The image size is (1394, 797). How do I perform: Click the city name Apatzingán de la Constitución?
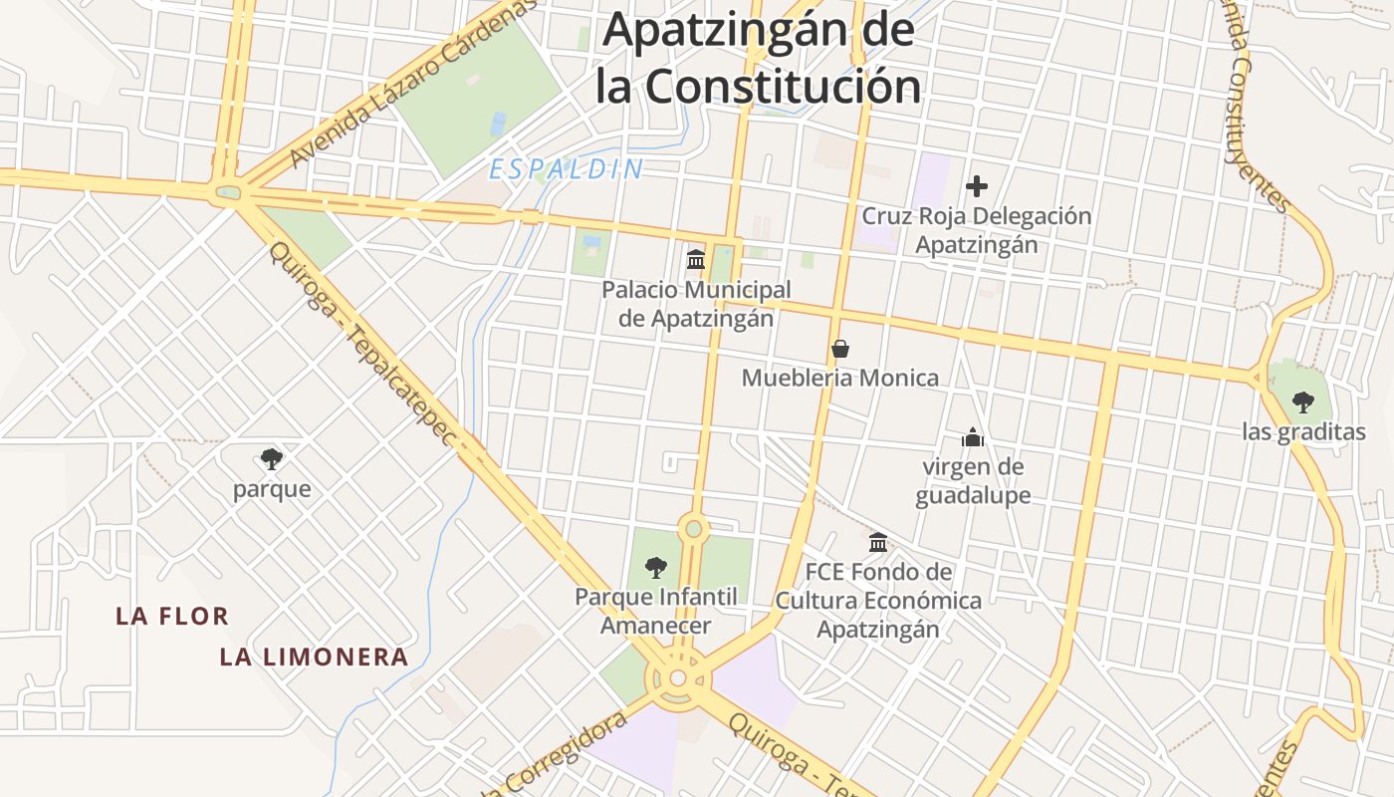point(759,58)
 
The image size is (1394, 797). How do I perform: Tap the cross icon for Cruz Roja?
point(977,185)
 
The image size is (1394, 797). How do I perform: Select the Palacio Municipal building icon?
point(696,259)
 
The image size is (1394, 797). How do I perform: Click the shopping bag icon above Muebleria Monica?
point(840,349)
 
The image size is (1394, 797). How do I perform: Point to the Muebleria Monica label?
point(840,379)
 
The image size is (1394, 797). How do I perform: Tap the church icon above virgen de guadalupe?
point(972,437)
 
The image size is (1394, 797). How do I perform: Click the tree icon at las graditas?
point(1302,402)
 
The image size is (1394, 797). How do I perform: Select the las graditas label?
point(1303,432)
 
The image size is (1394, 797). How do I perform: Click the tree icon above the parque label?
point(271,459)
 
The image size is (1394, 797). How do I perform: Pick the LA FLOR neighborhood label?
point(172,617)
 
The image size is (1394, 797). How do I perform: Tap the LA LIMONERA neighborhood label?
point(314,658)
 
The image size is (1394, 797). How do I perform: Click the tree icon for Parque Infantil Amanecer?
point(656,568)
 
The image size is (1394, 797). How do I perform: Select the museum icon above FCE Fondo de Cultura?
point(878,543)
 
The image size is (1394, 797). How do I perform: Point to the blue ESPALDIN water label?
point(567,170)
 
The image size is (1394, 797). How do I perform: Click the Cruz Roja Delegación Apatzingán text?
point(976,230)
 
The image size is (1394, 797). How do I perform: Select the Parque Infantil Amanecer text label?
point(656,611)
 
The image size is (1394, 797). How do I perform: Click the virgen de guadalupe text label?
point(973,481)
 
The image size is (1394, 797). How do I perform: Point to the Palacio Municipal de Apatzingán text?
point(696,304)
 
